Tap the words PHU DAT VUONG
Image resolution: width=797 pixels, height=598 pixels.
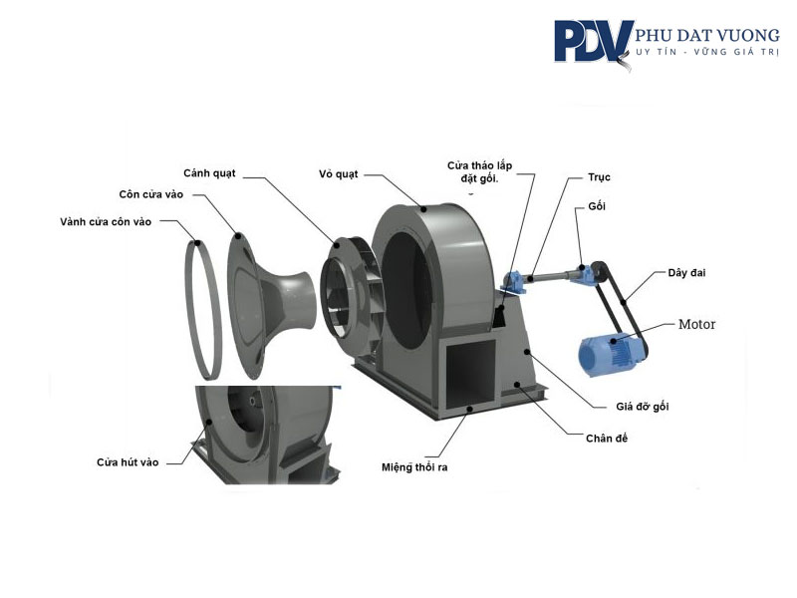(707, 36)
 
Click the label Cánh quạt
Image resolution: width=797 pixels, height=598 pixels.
(209, 172)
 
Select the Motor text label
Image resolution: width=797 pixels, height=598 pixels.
(696, 324)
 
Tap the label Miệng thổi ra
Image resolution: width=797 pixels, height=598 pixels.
(415, 466)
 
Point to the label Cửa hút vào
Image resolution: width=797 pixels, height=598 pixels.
(128, 461)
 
